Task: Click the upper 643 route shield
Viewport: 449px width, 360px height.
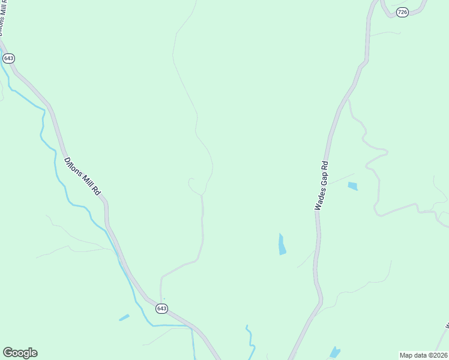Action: tap(8, 58)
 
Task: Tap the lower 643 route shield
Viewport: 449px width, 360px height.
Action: tap(161, 308)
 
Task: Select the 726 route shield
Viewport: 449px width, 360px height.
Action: tap(402, 12)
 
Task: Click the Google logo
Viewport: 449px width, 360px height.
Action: tap(20, 353)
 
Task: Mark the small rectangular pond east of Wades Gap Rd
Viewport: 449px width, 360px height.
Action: tap(352, 186)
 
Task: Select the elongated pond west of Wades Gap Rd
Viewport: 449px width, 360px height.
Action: tap(282, 244)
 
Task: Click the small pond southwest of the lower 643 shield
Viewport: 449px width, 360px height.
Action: tap(124, 317)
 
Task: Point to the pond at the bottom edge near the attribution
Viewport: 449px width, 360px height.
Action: tap(335, 352)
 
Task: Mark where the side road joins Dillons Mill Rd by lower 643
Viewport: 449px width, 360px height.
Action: tap(160, 300)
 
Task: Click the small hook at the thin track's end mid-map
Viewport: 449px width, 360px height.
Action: tap(190, 181)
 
